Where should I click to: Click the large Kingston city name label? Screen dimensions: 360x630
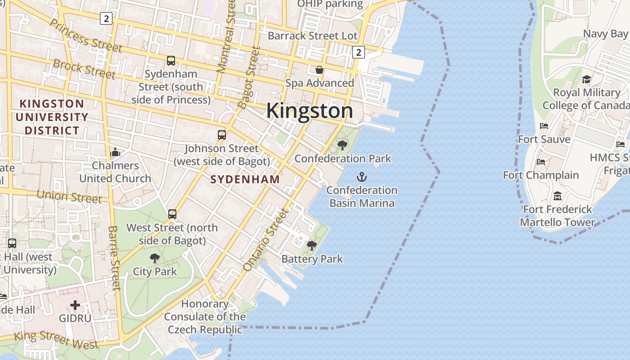[x=310, y=111]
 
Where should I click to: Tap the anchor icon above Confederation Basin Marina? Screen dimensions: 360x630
[x=362, y=176]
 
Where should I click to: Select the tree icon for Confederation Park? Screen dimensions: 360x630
[x=342, y=145]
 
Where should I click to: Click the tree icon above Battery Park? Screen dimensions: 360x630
[x=311, y=245]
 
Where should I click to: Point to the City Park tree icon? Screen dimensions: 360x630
[x=155, y=258]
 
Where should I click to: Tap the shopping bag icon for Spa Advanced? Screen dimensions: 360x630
[x=319, y=70]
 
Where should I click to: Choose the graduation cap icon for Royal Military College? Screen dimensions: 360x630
[x=586, y=79]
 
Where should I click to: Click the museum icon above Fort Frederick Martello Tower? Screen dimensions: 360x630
[x=558, y=196]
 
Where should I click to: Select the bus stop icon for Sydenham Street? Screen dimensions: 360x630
[x=171, y=60]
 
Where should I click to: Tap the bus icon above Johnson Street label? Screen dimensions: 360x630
[x=221, y=135]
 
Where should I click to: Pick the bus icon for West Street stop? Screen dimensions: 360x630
[x=172, y=214]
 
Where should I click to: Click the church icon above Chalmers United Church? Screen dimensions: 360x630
[x=115, y=152]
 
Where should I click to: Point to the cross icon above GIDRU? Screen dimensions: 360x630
[x=75, y=305]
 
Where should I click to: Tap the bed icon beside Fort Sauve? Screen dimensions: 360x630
[x=544, y=126]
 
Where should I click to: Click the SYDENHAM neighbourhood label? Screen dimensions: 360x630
[x=245, y=179]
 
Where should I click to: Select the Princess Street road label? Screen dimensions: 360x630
[x=86, y=36]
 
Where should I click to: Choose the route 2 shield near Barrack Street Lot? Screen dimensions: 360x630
[x=358, y=52]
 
